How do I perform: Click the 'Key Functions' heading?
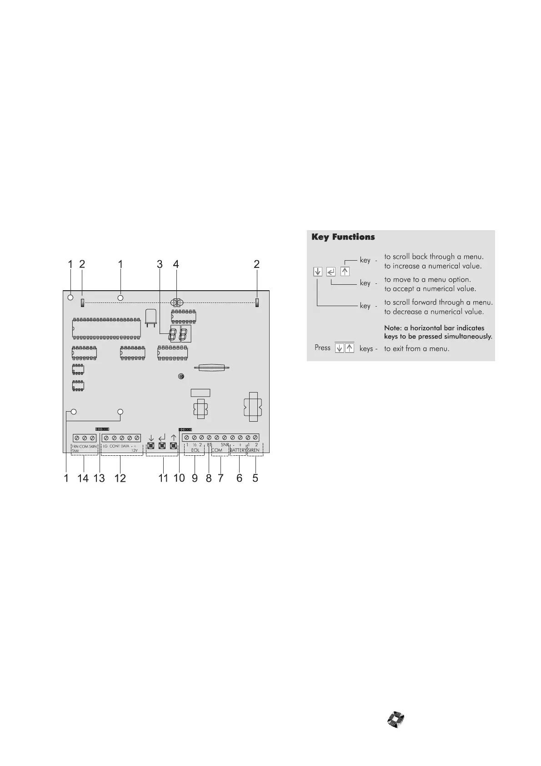[x=343, y=237]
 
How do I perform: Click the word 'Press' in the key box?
[x=322, y=348]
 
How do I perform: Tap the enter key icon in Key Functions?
[x=331, y=272]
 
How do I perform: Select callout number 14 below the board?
[x=83, y=478]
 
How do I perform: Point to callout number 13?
[x=99, y=478]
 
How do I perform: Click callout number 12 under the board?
[x=120, y=478]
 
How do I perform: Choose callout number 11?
[x=163, y=478]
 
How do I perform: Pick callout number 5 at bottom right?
[x=255, y=478]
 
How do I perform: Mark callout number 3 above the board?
[x=160, y=264]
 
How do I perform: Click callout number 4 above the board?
[x=176, y=264]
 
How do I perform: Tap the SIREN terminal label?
[x=254, y=450]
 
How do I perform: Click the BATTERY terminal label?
[x=238, y=450]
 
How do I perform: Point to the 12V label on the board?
[x=135, y=450]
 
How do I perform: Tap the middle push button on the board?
[x=162, y=445]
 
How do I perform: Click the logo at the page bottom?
[x=396, y=719]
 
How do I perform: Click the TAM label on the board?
[x=75, y=451]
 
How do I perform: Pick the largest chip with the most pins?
[x=106, y=328]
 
